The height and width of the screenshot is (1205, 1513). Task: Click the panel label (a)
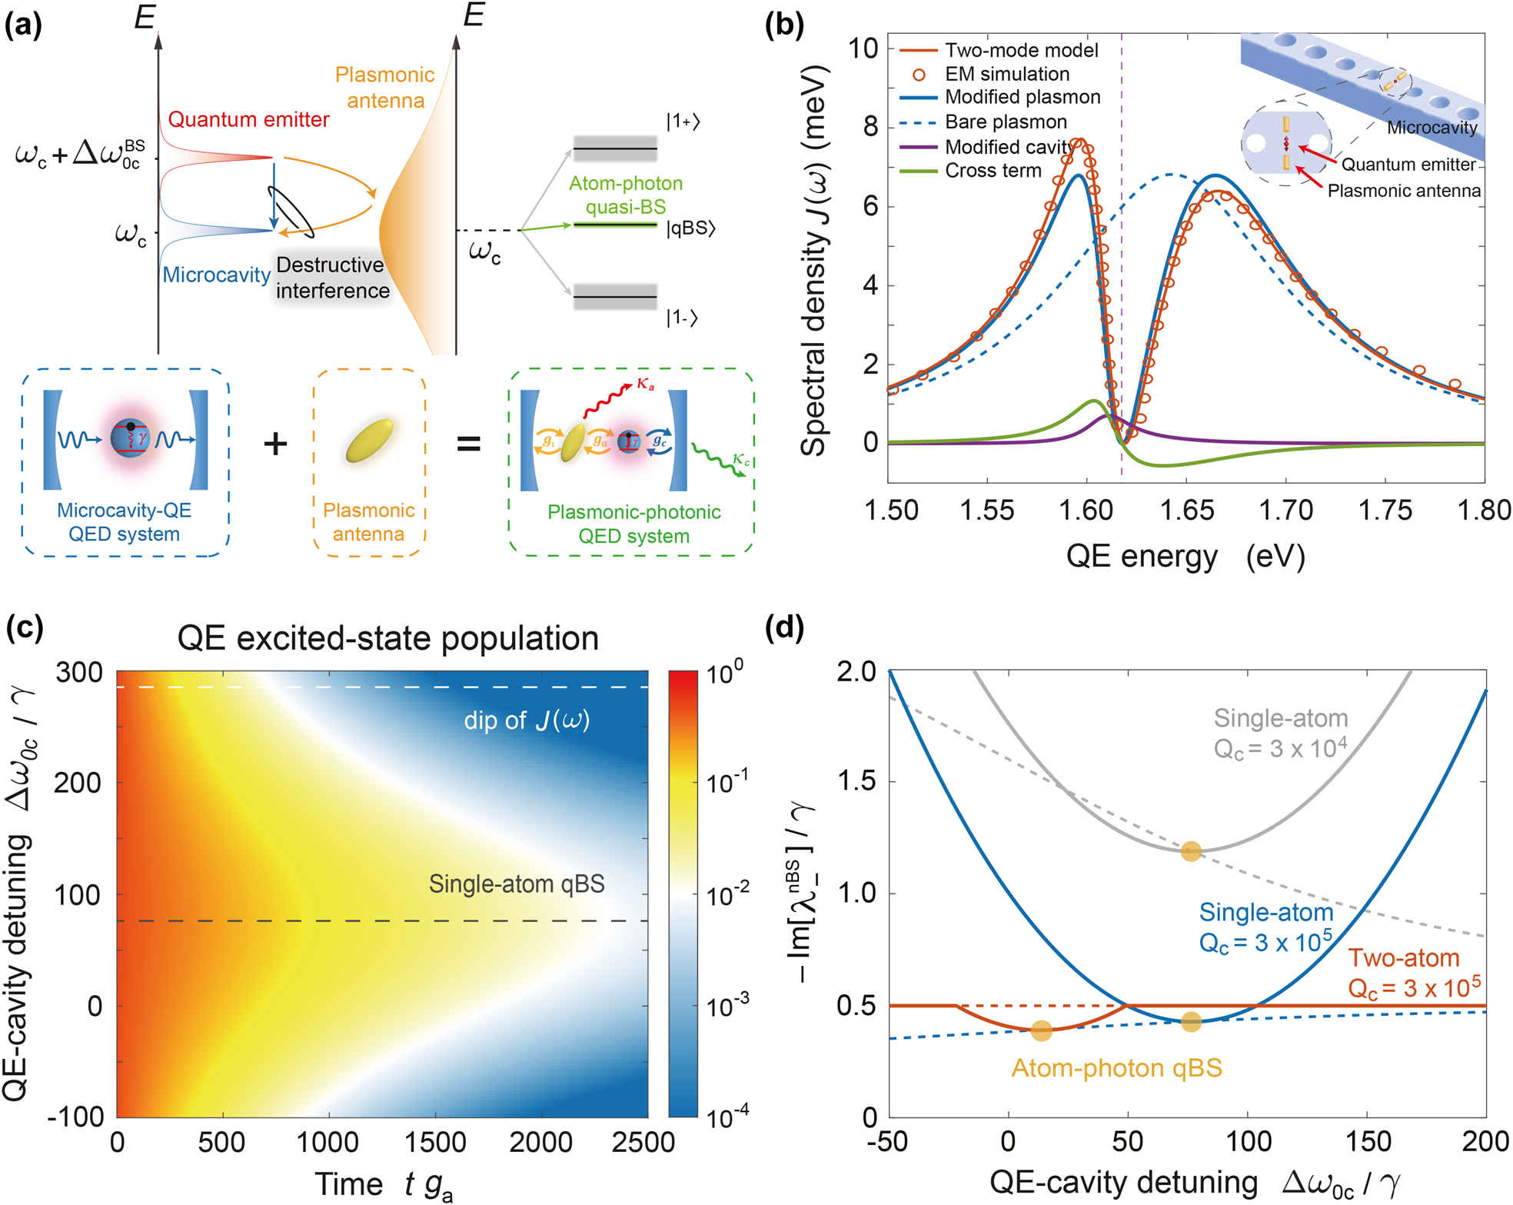click(23, 25)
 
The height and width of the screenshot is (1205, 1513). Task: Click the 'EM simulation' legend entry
click(1006, 74)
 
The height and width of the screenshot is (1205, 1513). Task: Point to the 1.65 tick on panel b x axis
click(1186, 510)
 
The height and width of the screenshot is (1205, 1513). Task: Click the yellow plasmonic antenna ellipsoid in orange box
click(370, 441)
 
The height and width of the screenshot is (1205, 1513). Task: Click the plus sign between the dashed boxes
click(275, 444)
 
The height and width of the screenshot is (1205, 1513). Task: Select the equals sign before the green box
click(469, 444)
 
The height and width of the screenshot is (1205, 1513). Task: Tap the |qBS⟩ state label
click(690, 228)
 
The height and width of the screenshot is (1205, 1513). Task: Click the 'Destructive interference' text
click(332, 278)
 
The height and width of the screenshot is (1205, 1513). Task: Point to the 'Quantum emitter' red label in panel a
click(248, 119)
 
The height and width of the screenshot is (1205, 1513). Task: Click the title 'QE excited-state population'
click(387, 638)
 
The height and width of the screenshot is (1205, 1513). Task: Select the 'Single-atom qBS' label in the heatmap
click(517, 884)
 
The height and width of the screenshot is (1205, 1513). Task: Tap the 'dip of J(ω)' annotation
click(527, 720)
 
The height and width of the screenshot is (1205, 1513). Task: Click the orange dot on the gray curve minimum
click(1190, 851)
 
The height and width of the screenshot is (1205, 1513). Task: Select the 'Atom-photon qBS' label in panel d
click(1116, 1067)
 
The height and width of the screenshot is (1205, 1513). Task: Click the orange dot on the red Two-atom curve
click(1041, 1030)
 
